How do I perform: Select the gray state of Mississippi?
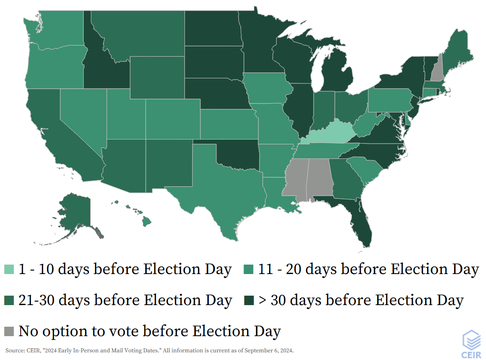tap(295, 178)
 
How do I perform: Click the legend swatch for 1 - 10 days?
tap(9, 270)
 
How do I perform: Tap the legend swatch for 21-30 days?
tap(9, 300)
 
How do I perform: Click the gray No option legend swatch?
tap(9, 331)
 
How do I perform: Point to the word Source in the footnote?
tap(13, 350)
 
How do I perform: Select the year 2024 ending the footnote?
tap(286, 350)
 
